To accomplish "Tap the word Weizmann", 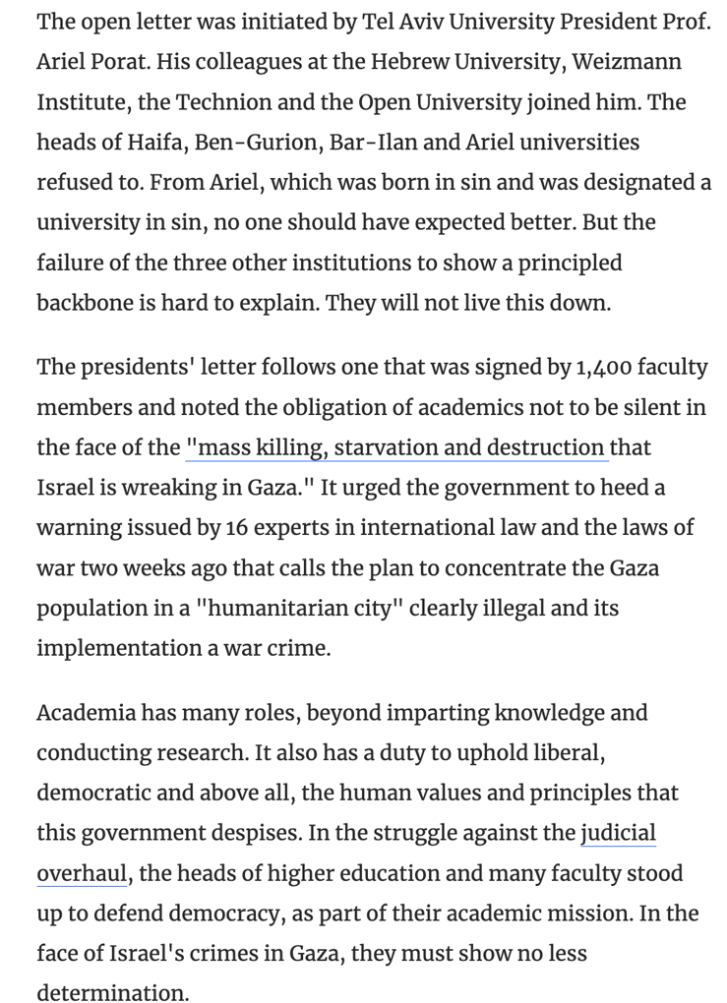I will pyautogui.click(x=626, y=63).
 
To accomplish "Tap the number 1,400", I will pyautogui.click(x=601, y=368).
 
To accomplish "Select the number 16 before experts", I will pyautogui.click(x=236, y=528).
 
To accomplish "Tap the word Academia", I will pyautogui.click(x=87, y=713).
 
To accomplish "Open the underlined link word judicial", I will pyautogui.click(x=618, y=834).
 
